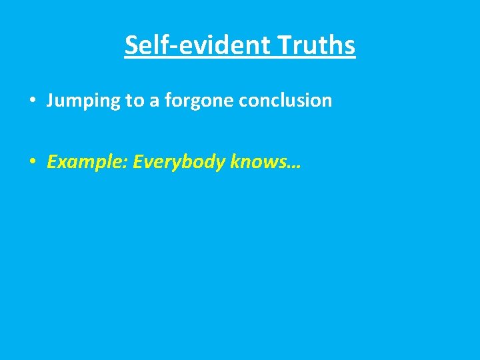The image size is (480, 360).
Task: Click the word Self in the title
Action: click(144, 45)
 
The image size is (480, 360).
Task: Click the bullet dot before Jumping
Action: click(32, 101)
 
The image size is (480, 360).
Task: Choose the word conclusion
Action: click(285, 101)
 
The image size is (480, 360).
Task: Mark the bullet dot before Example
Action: click(32, 162)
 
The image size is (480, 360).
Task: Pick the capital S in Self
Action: click(131, 45)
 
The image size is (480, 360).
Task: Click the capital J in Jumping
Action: click(51, 101)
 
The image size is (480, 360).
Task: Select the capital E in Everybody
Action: click(137, 161)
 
